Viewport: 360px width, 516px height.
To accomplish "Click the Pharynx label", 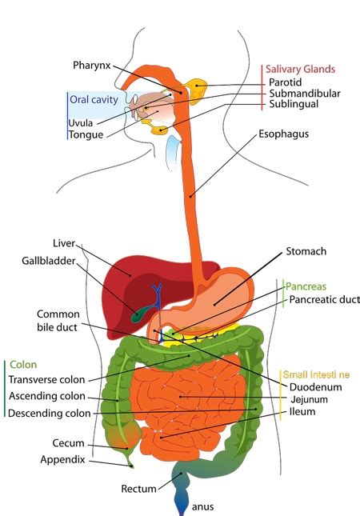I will pyautogui.click(x=92, y=65).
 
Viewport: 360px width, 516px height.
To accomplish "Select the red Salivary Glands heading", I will pyautogui.click(x=300, y=70).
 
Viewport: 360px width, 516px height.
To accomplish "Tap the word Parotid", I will pyautogui.click(x=286, y=82).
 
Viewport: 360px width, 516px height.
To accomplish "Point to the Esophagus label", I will pyautogui.click(x=283, y=134).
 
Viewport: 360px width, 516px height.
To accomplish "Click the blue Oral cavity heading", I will pyautogui.click(x=94, y=100).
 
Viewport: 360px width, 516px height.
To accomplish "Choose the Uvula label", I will pyautogui.click(x=81, y=122).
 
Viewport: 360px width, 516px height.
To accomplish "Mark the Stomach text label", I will pyautogui.click(x=306, y=251).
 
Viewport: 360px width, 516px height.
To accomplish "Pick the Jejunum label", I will pyautogui.click(x=309, y=399).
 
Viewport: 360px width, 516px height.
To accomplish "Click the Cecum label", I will pyautogui.click(x=68, y=443).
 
